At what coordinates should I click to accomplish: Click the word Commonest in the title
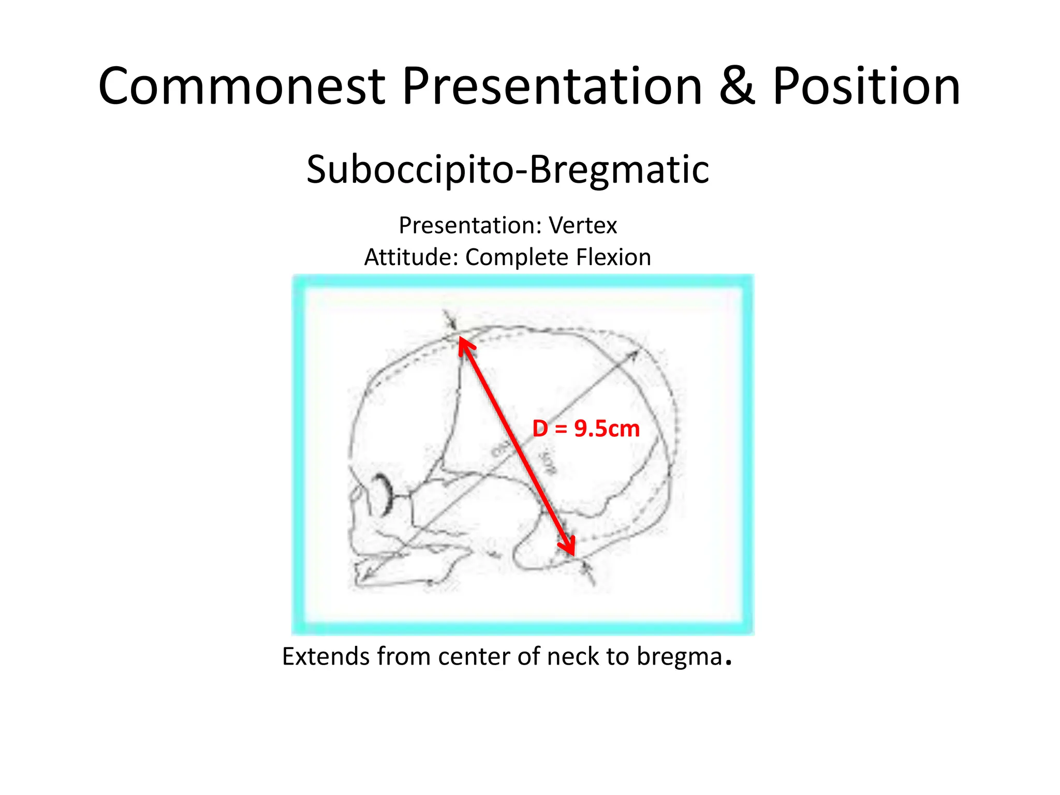[x=242, y=86]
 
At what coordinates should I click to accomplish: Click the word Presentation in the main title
[x=552, y=86]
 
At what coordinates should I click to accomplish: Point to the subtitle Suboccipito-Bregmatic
[x=507, y=170]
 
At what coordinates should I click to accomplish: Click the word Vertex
[x=583, y=226]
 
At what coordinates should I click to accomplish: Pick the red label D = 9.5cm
[x=586, y=429]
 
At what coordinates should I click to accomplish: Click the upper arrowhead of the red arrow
[x=464, y=345]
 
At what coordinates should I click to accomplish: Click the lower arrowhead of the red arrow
[x=569, y=549]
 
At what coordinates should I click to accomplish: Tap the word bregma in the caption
[x=679, y=657]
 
